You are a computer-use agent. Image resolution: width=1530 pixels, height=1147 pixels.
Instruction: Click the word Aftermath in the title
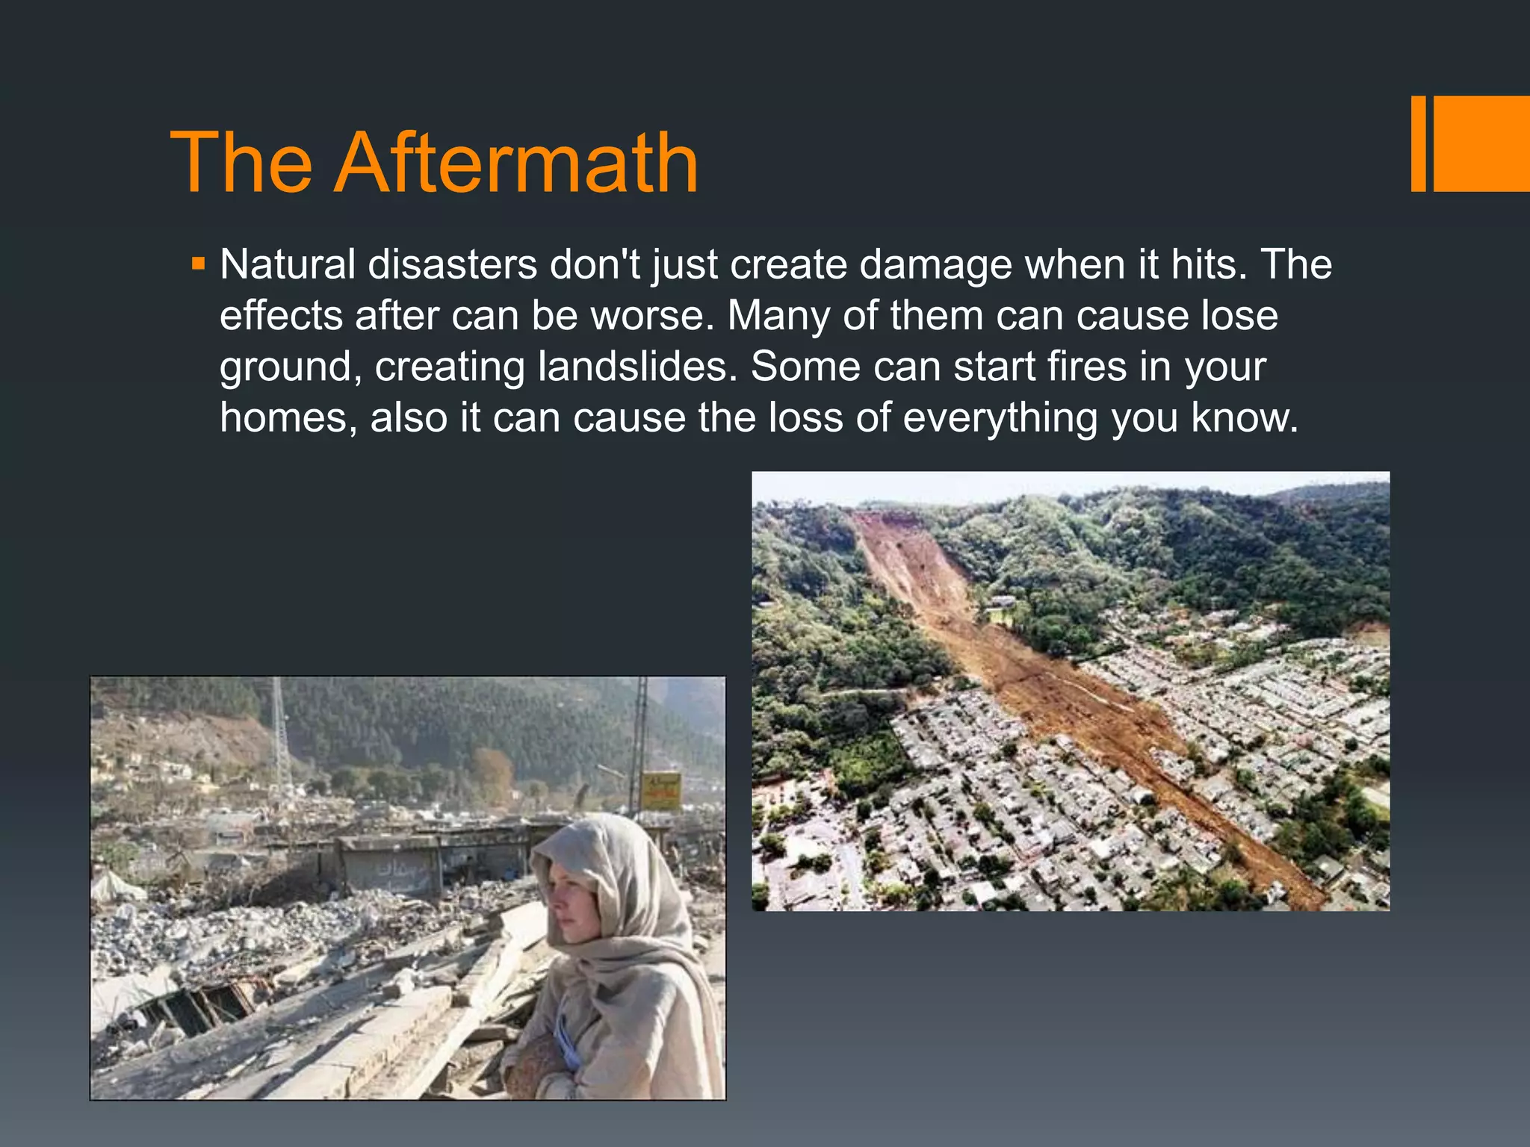click(517, 163)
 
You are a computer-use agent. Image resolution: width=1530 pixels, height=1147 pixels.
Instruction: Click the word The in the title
click(241, 163)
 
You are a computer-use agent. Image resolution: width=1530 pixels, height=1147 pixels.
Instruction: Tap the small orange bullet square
click(198, 264)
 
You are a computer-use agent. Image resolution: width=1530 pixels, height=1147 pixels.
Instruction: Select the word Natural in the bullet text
click(288, 264)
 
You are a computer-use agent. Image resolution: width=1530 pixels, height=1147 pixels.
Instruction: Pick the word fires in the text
click(1087, 367)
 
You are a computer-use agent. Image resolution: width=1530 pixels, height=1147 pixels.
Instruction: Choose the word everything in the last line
click(1000, 417)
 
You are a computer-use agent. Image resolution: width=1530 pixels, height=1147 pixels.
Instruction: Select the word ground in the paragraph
click(291, 368)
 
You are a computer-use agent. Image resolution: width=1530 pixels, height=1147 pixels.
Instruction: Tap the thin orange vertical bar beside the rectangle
click(1418, 143)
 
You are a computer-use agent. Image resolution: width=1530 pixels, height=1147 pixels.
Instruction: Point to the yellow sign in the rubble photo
click(660, 791)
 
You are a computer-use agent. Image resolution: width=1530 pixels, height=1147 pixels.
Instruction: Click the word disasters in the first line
click(452, 264)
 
